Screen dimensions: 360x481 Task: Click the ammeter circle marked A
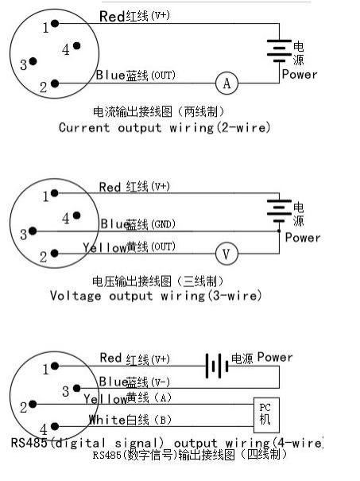pyautogui.click(x=227, y=83)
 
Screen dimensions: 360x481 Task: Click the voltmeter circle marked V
pyautogui.click(x=226, y=254)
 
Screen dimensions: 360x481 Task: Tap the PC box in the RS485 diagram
pyautogui.click(x=266, y=415)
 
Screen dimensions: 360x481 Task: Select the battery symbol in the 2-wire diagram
pyautogui.click(x=279, y=51)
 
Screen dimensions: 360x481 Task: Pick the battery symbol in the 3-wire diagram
pyautogui.click(x=279, y=211)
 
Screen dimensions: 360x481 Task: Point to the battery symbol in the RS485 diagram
pyautogui.click(x=217, y=366)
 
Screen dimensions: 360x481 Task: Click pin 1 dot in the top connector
pyautogui.click(x=55, y=23)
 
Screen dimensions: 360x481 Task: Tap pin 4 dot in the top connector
pyautogui.click(x=76, y=46)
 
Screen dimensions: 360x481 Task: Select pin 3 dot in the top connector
pyautogui.click(x=33, y=61)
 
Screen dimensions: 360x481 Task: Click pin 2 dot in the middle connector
pyautogui.click(x=55, y=254)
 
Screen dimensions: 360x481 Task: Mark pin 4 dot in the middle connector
pyautogui.click(x=76, y=215)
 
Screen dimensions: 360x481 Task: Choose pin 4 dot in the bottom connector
pyautogui.click(x=55, y=426)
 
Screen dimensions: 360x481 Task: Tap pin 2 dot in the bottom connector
pyautogui.click(x=33, y=405)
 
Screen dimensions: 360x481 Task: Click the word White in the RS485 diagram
pyautogui.click(x=107, y=419)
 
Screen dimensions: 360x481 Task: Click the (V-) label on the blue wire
pyautogui.click(x=160, y=382)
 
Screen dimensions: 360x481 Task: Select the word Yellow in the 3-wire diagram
pyautogui.click(x=105, y=247)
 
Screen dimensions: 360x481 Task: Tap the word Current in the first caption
pyautogui.click(x=84, y=127)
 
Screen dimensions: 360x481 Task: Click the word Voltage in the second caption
pyautogui.click(x=75, y=296)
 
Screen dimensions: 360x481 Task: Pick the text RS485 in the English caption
pyautogui.click(x=29, y=443)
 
